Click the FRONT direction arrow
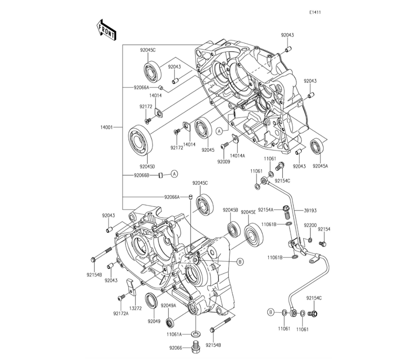tap(105, 30)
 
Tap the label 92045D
tap(147, 166)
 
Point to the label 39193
tap(310, 210)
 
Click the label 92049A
tap(168, 306)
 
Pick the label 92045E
tap(248, 212)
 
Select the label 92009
tap(225, 162)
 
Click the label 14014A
tap(237, 156)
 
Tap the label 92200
tap(310, 225)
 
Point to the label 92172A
tap(121, 313)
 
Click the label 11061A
tap(174, 334)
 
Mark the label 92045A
tap(320, 166)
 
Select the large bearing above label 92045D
tap(141, 140)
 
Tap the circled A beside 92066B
tap(174, 174)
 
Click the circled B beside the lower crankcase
tap(240, 261)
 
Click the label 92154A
tap(266, 209)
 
